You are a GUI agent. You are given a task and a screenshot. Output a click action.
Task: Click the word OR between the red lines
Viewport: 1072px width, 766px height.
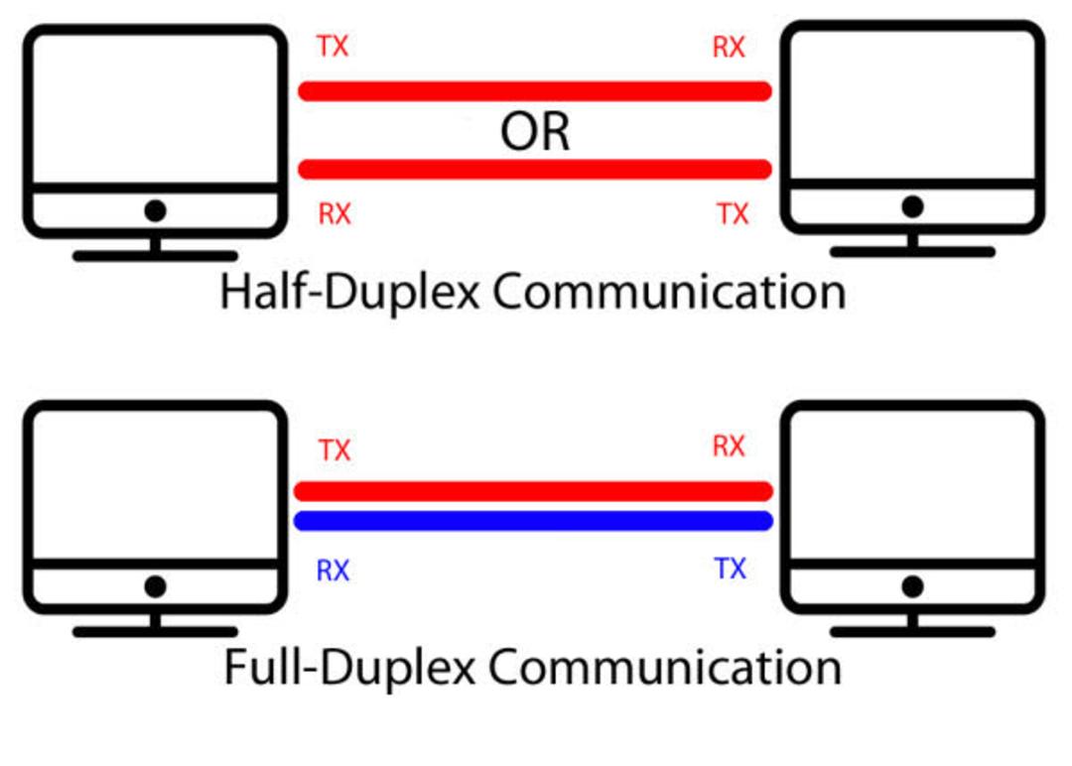tap(535, 132)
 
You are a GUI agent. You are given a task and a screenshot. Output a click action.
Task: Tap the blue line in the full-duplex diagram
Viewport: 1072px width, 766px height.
tap(533, 521)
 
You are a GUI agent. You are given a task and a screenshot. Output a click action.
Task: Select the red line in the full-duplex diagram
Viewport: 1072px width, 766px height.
tap(533, 490)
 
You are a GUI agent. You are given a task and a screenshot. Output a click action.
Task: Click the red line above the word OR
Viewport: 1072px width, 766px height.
tap(535, 91)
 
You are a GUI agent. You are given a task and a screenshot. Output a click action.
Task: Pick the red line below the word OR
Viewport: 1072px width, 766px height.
tap(535, 169)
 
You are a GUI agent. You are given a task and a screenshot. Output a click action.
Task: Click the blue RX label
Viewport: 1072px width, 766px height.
tap(333, 571)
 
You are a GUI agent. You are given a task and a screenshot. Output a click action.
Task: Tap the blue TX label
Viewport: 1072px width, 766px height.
tap(731, 569)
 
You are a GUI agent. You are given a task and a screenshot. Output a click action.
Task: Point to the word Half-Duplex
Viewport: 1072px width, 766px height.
tap(349, 293)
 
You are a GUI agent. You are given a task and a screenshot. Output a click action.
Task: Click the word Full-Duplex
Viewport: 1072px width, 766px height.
tap(349, 667)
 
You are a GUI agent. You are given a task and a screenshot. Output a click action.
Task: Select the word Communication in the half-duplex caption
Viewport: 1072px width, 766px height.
tap(669, 292)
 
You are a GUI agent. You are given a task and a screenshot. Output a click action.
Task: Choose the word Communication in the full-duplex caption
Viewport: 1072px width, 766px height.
tap(665, 667)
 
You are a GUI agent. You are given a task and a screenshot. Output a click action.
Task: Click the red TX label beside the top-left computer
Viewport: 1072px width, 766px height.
tap(333, 47)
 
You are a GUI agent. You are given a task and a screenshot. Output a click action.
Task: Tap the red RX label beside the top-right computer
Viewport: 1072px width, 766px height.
tap(729, 48)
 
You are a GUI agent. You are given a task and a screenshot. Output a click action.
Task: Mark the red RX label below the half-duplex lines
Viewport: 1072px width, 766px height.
tap(335, 214)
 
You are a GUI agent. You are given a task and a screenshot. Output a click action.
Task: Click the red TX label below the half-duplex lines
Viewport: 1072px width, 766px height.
tap(733, 214)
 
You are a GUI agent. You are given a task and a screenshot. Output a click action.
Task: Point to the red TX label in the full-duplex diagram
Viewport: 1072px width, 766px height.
tap(335, 450)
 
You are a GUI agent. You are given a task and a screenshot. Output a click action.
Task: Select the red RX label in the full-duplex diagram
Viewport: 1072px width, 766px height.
tap(729, 447)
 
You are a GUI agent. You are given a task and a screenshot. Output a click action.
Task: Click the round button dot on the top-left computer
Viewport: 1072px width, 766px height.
tap(155, 210)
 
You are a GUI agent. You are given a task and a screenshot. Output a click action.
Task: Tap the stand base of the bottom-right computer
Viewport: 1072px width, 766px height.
tap(912, 632)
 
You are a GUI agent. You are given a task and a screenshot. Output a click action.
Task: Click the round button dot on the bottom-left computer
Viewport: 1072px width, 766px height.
tap(155, 586)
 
